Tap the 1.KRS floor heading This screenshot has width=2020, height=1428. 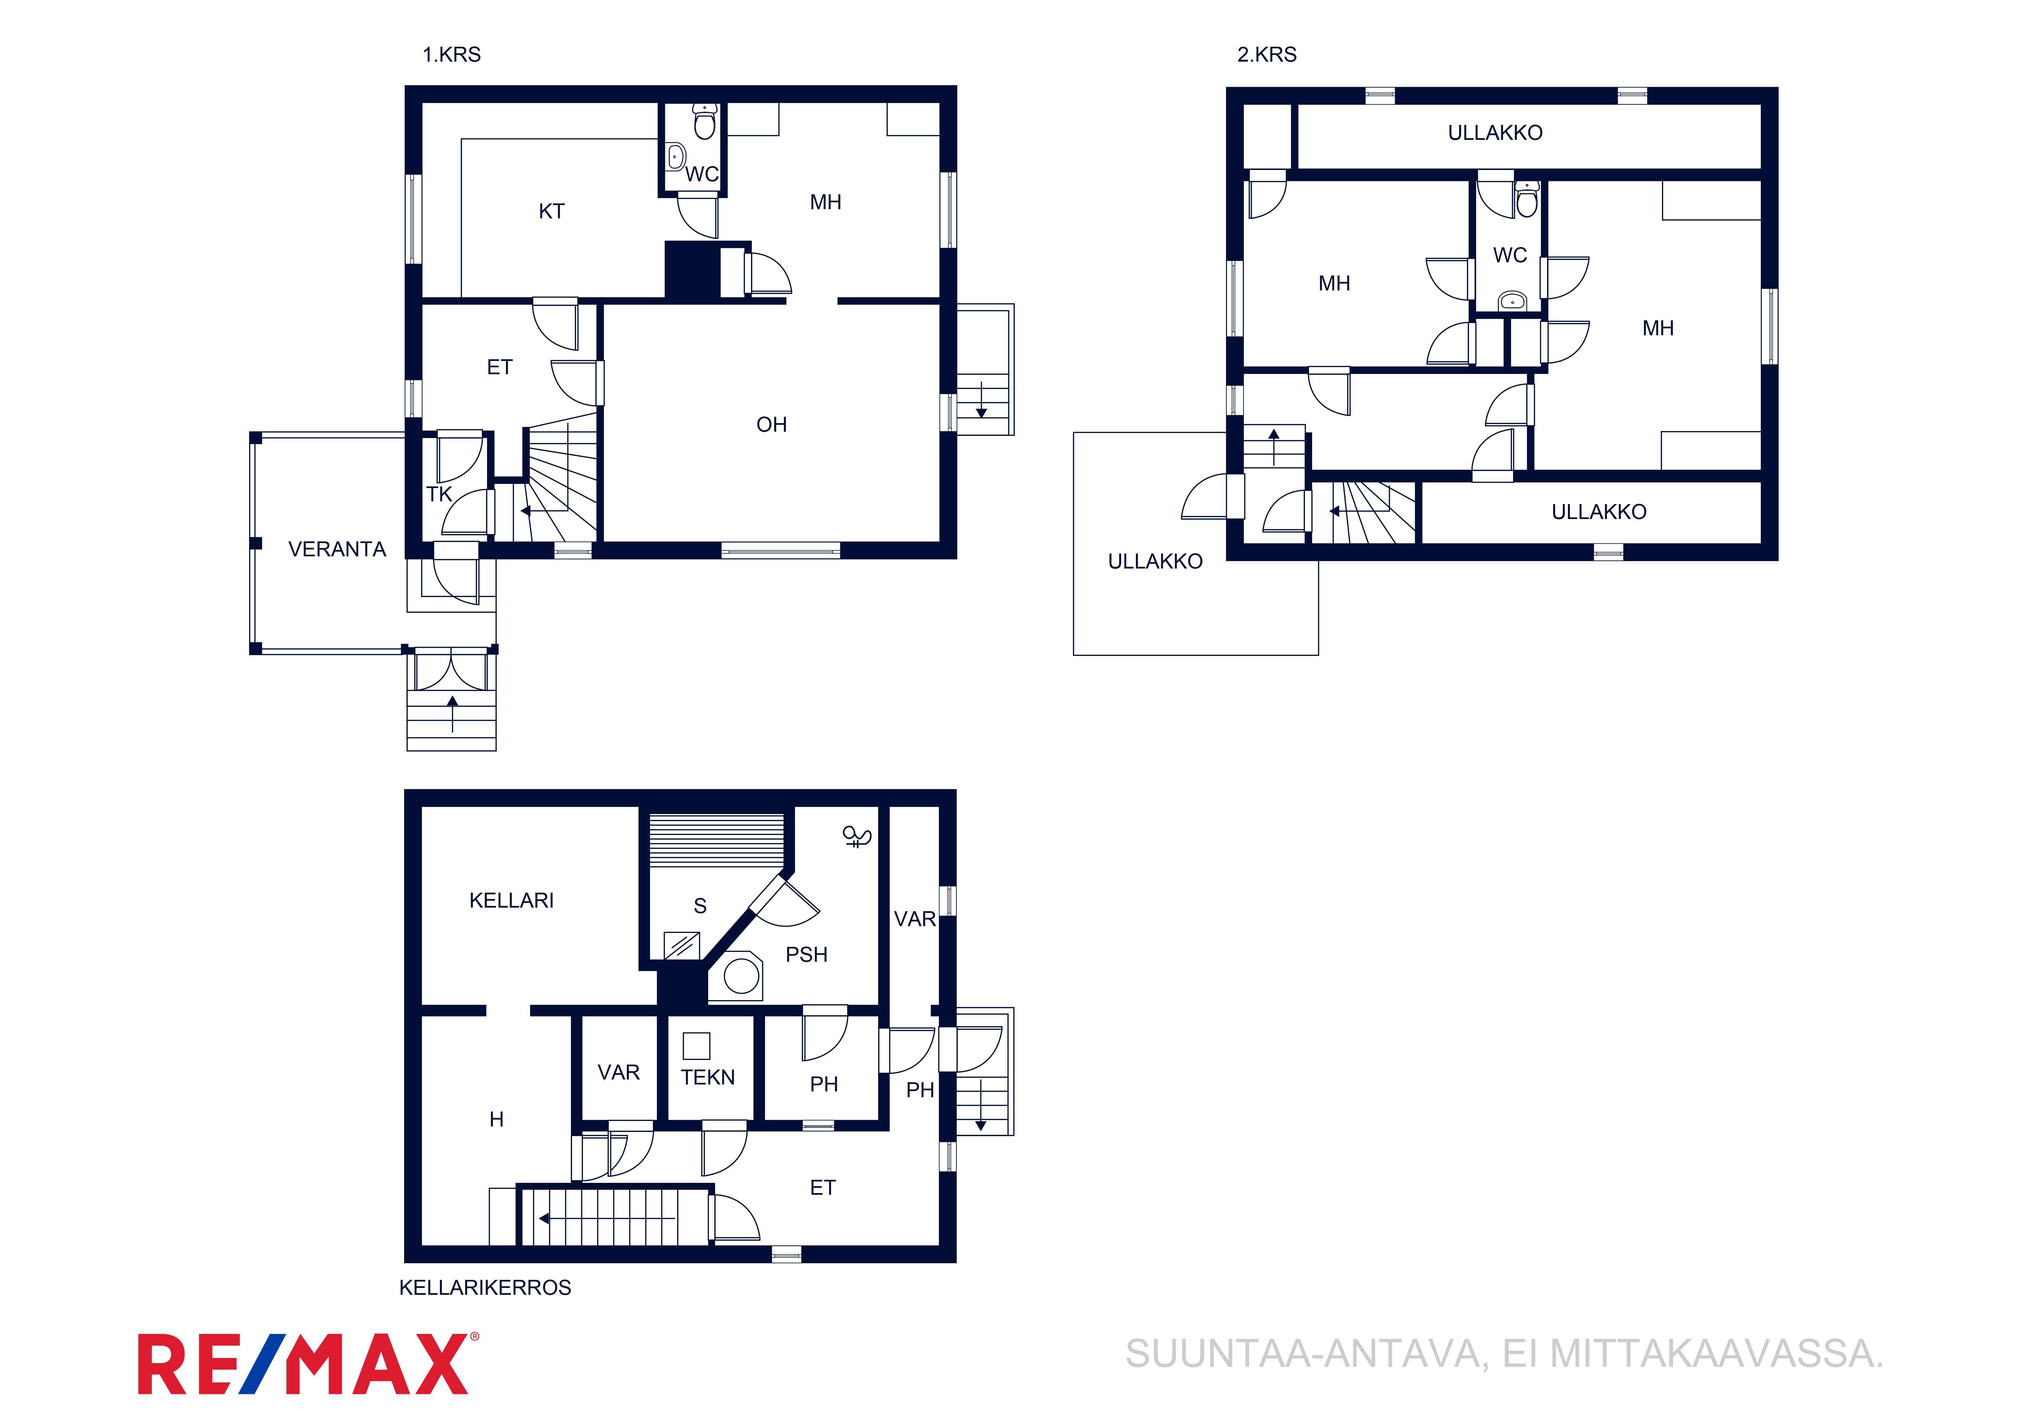(451, 54)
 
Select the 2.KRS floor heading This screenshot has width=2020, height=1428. (1267, 54)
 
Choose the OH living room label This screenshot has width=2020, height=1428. (771, 425)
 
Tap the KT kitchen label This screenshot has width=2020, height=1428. (552, 211)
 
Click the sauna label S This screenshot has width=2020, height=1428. (700, 906)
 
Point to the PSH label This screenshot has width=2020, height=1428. (807, 955)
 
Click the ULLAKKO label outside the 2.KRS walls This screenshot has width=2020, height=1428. (1155, 561)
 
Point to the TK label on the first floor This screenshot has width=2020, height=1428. (439, 494)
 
